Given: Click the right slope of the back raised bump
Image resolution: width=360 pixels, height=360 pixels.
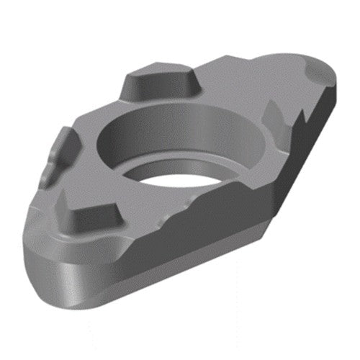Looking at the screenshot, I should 194,81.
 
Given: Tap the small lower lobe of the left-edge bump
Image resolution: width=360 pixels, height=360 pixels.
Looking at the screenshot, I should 49,173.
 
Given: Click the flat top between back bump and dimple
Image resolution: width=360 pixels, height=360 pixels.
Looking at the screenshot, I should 245,79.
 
